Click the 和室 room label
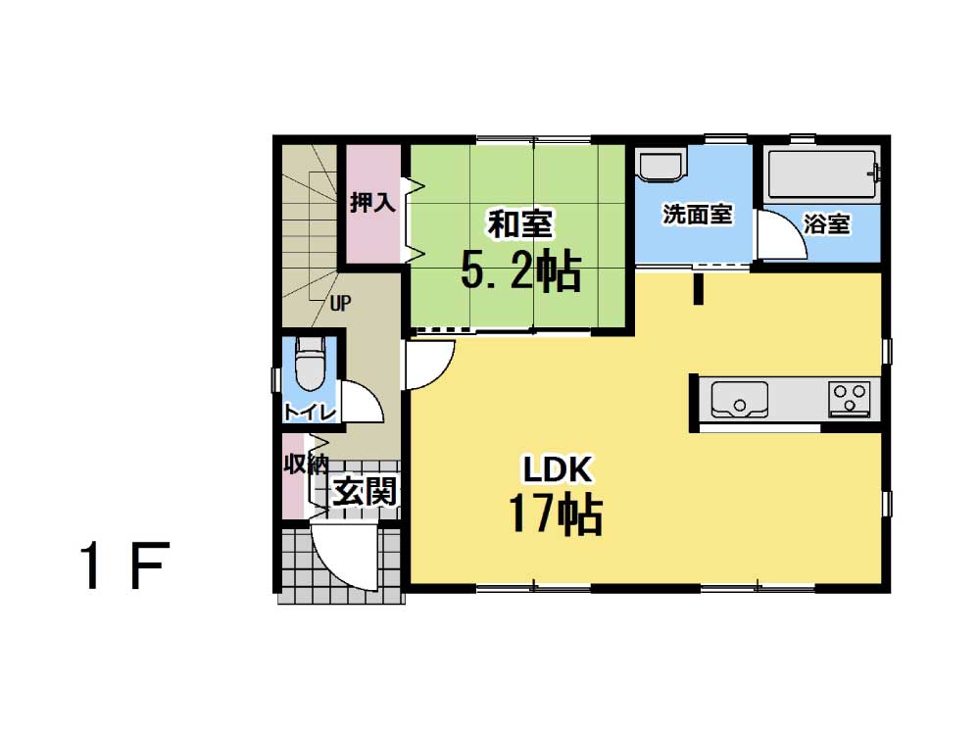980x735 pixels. pos(520,224)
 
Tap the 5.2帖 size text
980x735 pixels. pos(521,270)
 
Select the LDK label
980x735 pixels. pos(557,469)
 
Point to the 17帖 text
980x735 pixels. pos(556,514)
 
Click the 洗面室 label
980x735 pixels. pos(698,215)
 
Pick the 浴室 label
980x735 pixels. pos(826,223)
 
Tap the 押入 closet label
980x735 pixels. pos(372,202)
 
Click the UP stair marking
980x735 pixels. pos(341,304)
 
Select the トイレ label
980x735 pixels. pos(310,412)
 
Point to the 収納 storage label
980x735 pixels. pos(306,464)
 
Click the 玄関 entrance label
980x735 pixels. pos(365,491)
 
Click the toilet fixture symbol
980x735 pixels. pos(310,365)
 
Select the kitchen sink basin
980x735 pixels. pos(739,400)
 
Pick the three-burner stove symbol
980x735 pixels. pos(850,399)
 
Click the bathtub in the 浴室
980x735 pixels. pos(822,174)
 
